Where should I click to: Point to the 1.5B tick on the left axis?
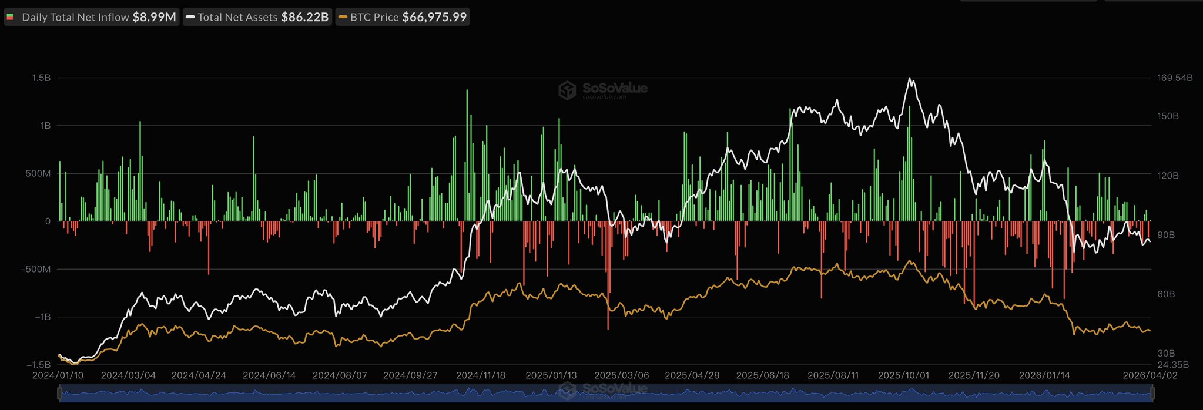point(41,78)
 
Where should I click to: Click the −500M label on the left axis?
point(35,269)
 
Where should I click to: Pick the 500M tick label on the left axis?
point(38,174)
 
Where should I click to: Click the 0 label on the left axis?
point(48,221)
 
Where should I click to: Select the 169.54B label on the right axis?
point(1175,78)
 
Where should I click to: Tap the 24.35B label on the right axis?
point(1173,365)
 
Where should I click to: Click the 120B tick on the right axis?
point(1168,176)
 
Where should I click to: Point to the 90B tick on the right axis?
point(1166,235)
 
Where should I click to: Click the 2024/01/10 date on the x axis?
point(58,375)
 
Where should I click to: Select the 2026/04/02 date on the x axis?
point(1150,375)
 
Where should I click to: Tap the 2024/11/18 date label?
point(481,375)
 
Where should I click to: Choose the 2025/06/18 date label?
point(762,375)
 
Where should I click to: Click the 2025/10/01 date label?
point(903,375)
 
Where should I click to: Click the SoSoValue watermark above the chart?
point(604,89)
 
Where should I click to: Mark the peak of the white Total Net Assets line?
point(910,78)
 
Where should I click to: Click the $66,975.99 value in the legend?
point(434,17)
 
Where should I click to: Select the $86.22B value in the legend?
point(304,17)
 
